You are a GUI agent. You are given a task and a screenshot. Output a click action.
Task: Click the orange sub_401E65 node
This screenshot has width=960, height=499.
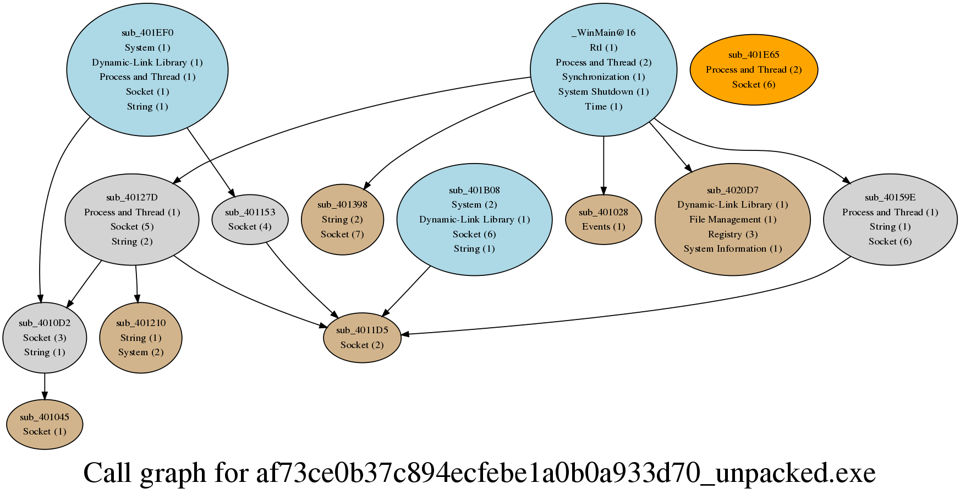(753, 69)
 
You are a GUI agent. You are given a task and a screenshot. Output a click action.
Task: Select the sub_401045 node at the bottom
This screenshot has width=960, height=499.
(45, 425)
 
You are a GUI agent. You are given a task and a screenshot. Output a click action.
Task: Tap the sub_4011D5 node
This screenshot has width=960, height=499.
(362, 338)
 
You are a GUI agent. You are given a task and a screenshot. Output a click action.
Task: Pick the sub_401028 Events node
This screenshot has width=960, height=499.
(604, 219)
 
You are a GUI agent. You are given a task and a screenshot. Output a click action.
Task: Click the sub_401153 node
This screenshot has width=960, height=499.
(250, 219)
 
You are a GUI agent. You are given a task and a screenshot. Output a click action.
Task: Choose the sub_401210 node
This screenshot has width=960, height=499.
(141, 338)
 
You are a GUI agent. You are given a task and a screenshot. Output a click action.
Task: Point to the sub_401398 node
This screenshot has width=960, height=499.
(342, 219)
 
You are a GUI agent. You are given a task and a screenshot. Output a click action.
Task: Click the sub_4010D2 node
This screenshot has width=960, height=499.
(45, 338)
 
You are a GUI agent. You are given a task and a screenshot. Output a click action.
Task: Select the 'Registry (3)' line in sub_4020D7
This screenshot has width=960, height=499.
(733, 234)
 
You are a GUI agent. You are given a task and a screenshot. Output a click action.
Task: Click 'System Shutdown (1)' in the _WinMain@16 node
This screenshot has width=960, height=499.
(604, 91)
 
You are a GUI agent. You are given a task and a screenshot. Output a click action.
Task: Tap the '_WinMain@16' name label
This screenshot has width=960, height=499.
(604, 32)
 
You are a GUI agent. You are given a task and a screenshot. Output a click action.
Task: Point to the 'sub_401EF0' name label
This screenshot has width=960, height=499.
(147, 32)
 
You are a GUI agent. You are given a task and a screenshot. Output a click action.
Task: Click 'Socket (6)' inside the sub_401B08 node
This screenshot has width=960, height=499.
(474, 234)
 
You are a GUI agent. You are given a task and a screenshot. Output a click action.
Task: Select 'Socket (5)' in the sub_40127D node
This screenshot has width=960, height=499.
(132, 226)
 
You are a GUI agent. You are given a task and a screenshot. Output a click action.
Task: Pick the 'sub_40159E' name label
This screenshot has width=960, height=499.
(890, 197)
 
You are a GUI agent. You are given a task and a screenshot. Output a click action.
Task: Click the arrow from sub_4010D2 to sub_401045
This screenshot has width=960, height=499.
(45, 387)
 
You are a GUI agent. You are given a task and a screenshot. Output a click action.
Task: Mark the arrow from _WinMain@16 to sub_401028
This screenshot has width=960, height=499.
(604, 165)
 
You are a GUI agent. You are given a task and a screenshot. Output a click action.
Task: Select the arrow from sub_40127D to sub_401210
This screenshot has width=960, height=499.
(136, 284)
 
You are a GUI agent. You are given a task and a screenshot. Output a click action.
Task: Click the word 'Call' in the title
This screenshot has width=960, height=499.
(107, 473)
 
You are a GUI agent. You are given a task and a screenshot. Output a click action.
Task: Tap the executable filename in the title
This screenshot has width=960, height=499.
(566, 473)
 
